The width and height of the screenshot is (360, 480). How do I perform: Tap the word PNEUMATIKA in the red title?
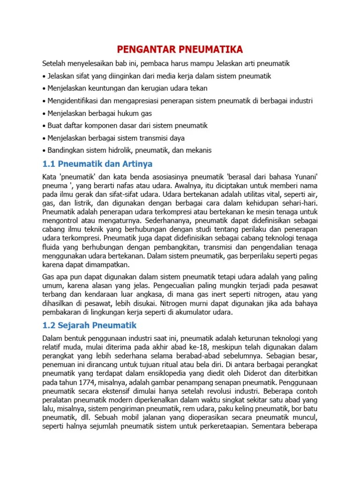coord(214,50)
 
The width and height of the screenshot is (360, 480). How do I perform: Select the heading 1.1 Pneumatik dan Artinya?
coord(97,164)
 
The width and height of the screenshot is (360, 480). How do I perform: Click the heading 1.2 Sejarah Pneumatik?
coord(90,325)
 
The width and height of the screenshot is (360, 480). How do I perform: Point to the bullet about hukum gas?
coord(99,113)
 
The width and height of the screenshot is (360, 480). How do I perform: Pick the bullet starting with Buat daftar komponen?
coord(127,126)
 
